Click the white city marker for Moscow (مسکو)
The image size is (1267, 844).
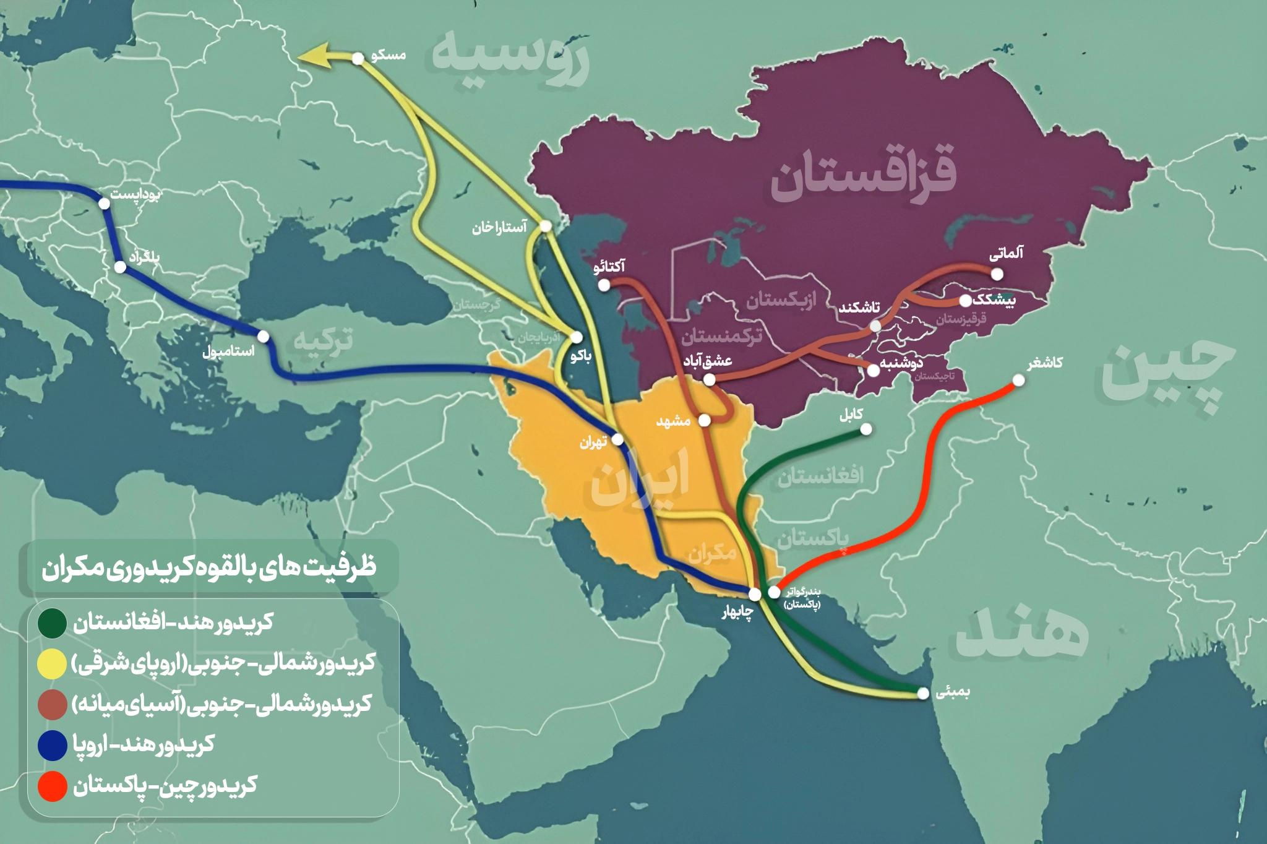point(358,58)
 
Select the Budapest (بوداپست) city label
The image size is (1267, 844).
point(135,195)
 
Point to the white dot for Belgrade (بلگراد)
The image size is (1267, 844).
point(121,267)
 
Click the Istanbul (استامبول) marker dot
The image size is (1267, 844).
point(263,337)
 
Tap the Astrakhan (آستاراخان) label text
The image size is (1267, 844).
point(499,228)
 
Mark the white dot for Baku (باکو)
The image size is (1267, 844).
point(577,337)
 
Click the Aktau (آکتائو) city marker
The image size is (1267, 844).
point(604,285)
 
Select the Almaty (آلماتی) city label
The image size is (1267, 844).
point(1006,253)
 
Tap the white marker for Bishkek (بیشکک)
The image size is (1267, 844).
point(966,301)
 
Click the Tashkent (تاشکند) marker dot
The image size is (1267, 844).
point(875,325)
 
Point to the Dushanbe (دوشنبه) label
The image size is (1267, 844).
point(901,363)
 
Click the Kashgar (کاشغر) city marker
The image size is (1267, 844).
point(1018,380)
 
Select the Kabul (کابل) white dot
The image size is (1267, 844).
point(866,429)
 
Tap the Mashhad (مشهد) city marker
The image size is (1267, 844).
point(704,421)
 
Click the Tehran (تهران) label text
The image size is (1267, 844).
point(593,442)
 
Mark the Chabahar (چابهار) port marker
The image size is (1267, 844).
point(755,594)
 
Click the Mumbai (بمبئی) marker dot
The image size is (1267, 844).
point(922,694)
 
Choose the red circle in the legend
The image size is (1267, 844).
point(52,786)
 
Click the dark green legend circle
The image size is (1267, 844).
point(52,623)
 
